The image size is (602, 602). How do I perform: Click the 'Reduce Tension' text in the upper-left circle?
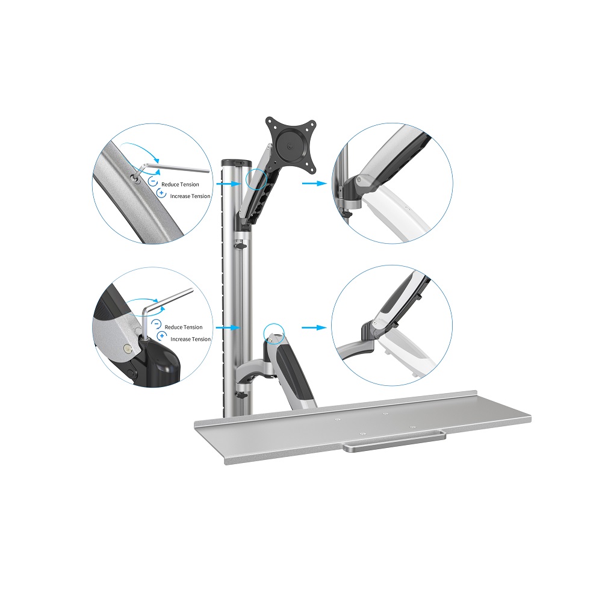(180, 185)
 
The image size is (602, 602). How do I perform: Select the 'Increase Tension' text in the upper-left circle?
(190, 196)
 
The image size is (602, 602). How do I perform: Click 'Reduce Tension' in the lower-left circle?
(184, 327)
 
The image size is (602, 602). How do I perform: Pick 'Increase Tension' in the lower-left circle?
(190, 339)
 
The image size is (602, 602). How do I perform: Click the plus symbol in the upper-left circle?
(161, 193)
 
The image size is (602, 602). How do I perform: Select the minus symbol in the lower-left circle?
(157, 324)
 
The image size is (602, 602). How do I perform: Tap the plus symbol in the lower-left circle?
(162, 336)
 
